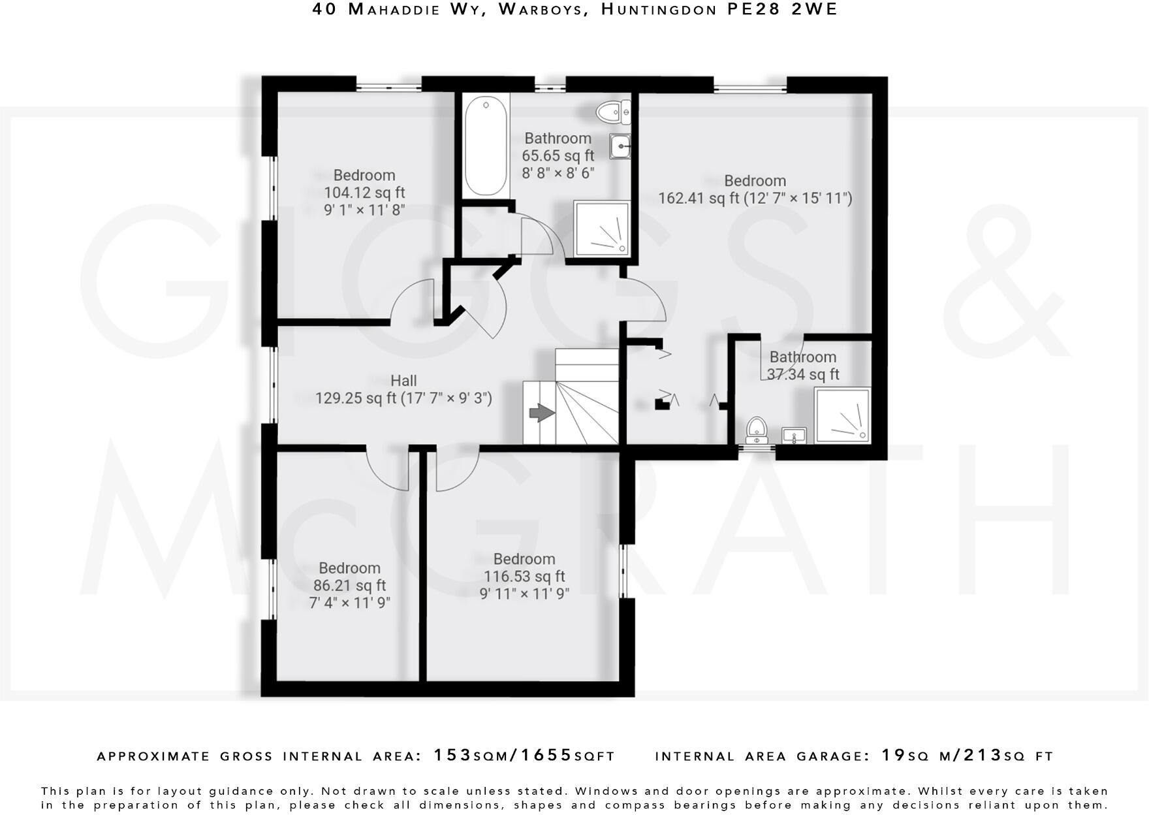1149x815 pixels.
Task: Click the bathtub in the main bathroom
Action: [486, 146]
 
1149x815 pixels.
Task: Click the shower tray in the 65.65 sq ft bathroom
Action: [602, 229]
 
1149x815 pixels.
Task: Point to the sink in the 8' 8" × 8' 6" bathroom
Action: [620, 146]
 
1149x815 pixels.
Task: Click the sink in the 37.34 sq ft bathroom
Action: [794, 435]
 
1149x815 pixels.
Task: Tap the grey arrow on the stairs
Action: [541, 413]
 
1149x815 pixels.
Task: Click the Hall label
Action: [403, 380]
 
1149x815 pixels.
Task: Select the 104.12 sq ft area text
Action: [364, 193]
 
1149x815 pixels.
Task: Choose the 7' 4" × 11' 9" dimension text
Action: [349, 602]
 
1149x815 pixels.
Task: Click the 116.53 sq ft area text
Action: [524, 577]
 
